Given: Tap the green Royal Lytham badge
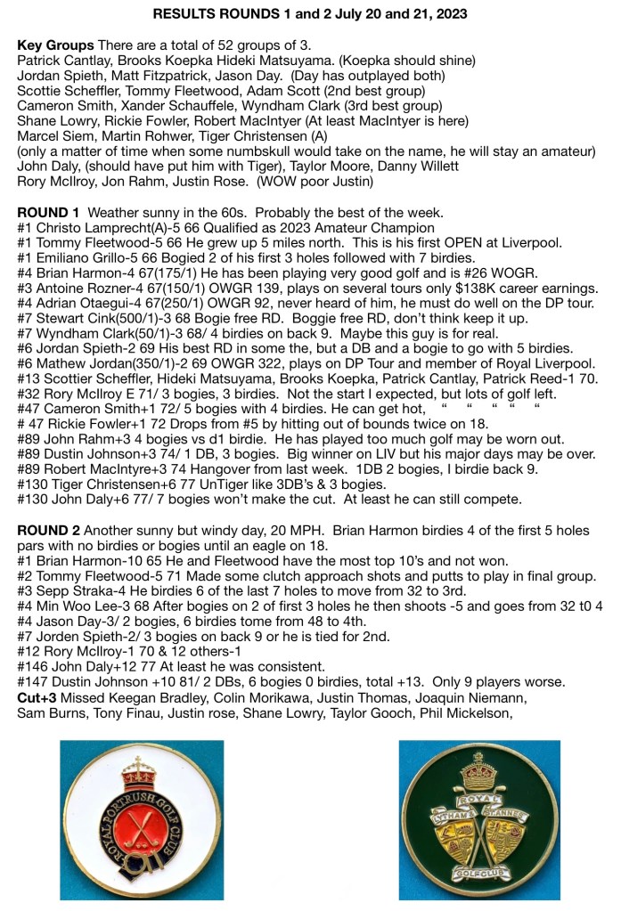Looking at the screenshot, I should click(478, 820).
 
